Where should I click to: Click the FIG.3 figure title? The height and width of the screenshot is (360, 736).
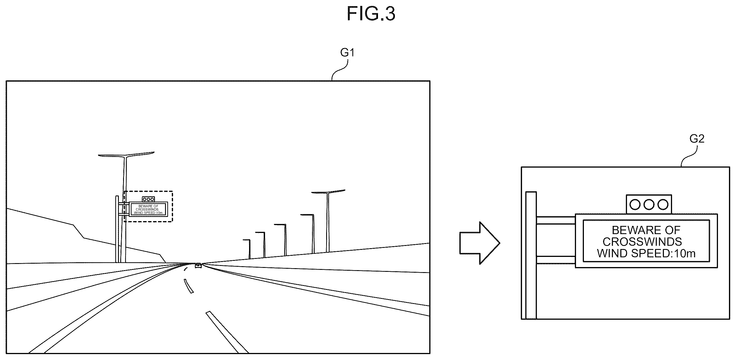coord(371,14)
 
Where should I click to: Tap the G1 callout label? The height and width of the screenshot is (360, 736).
coord(347,53)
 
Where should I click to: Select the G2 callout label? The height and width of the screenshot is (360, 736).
coord(697,139)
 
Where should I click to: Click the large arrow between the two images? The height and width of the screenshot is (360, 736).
coord(480,243)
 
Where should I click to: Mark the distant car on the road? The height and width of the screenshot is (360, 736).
coord(198,265)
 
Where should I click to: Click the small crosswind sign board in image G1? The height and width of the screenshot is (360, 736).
coord(148,209)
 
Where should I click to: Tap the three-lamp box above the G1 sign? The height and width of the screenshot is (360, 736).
coord(148,199)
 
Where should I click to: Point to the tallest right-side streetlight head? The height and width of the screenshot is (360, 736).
coord(328,192)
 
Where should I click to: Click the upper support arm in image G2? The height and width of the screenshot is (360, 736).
coord(556,220)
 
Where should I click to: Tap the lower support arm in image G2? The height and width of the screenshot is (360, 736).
coord(556,260)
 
